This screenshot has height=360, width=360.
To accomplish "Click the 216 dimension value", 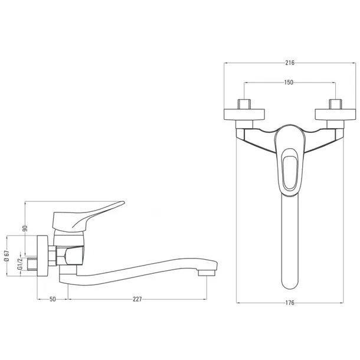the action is [290, 63].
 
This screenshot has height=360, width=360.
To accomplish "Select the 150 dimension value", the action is [289, 82].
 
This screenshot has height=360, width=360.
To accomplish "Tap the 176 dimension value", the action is [290, 303].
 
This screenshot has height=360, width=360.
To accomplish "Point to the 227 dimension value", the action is [138, 299].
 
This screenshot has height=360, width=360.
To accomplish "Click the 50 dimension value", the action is [53, 299].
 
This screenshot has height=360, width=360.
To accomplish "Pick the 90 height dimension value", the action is [25, 228].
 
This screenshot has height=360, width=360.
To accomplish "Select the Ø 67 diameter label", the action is [7, 256].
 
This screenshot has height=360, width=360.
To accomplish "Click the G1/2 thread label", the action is [19, 263].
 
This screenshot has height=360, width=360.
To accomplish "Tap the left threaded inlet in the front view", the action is [244, 104].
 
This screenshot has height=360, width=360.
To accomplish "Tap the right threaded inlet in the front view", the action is [335, 104].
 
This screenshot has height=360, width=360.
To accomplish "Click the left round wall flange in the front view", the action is [244, 114].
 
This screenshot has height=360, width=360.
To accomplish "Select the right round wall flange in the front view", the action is [335, 114].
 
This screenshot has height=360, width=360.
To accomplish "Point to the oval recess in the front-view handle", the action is [290, 173].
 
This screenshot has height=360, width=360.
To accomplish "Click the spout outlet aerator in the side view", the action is [207, 273].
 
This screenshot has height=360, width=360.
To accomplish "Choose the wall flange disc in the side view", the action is [42, 256].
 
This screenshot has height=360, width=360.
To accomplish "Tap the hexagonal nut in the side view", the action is [53, 256].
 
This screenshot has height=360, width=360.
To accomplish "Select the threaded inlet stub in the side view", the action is [32, 264].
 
